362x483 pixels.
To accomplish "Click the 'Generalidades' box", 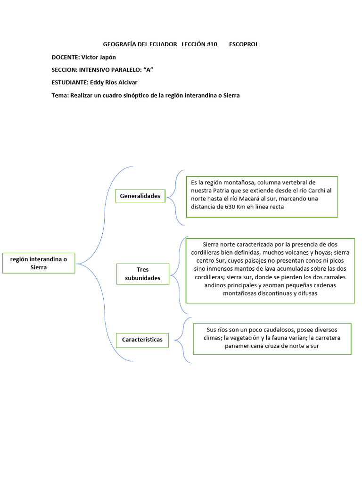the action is coord(140,196).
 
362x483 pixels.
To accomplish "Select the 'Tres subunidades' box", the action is coord(142,274).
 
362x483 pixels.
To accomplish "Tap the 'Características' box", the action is coord(142,340).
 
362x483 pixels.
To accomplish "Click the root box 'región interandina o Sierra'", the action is coord(39,263).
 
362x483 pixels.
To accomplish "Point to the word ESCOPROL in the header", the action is coord(244,44).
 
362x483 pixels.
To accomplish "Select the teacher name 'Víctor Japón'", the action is coord(99,57).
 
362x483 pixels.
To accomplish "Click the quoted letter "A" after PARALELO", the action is coord(148,70).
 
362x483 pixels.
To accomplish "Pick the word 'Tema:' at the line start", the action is coord(60,95).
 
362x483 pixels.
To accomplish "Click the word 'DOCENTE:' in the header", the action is coord(66,57).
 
